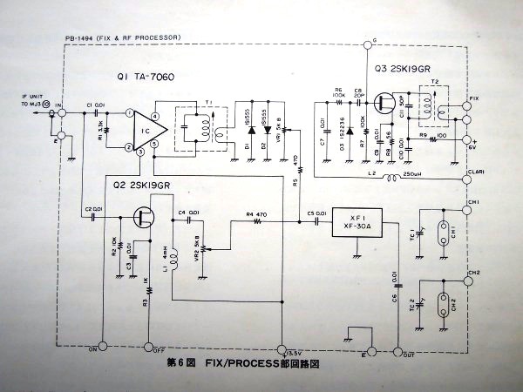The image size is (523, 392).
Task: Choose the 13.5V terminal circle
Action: (x=281, y=345)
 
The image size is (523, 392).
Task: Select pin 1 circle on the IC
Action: (x=129, y=113)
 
